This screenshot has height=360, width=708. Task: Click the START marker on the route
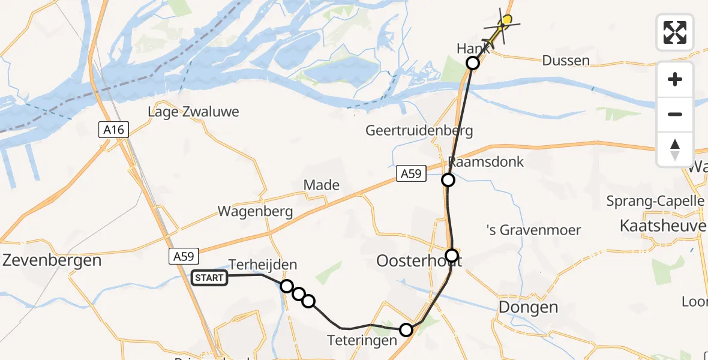point(209,277)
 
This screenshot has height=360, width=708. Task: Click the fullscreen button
point(675,32)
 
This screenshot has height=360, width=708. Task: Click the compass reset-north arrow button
point(675,149)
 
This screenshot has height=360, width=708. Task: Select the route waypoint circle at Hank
point(473,62)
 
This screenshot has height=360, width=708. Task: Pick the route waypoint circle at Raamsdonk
point(448,180)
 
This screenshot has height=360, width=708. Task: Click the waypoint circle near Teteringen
point(406,329)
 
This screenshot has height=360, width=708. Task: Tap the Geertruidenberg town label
point(419,130)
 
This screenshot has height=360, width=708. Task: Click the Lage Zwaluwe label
point(194,112)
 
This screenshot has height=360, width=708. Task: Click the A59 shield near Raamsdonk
point(411,174)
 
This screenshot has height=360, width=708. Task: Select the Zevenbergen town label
point(52,260)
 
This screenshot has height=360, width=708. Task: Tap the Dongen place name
point(529,308)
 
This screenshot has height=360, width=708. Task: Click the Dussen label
point(565,61)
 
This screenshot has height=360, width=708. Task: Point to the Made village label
point(322,185)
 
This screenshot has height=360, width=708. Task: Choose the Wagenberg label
point(255,211)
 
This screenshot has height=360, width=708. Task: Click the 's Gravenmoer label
point(533,230)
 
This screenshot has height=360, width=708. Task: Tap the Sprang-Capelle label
point(655,200)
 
